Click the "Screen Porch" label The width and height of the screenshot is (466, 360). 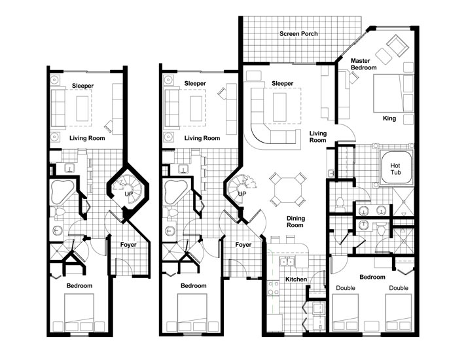click(298, 34)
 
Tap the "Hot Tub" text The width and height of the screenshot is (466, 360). click(395, 169)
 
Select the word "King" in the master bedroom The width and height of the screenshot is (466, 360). click(389, 118)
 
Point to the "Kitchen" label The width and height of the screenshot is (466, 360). click(296, 279)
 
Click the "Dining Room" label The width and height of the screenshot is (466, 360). click(295, 221)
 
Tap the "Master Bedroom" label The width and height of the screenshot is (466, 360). click(364, 64)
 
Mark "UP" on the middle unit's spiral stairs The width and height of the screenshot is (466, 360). click(242, 194)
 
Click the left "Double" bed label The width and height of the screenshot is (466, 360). click(346, 288)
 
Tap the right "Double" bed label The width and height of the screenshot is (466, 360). click(399, 288)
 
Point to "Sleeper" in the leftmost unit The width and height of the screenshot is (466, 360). click(82, 84)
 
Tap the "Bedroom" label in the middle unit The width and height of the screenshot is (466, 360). click(194, 286)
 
